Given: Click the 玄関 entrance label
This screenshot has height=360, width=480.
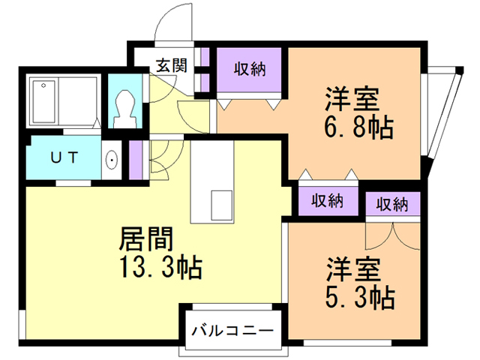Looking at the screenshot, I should click(x=172, y=65).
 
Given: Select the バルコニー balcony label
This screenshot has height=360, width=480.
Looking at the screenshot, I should click(x=231, y=330).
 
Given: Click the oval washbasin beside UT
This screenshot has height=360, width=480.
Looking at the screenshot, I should click(x=112, y=159).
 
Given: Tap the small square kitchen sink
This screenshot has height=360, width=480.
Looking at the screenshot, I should click(x=222, y=202).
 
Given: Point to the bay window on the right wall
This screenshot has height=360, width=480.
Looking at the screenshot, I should click(x=442, y=112).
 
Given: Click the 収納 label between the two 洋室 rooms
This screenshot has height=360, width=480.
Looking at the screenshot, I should click(x=328, y=201).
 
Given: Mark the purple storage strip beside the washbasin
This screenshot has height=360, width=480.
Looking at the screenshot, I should click(x=135, y=160).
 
